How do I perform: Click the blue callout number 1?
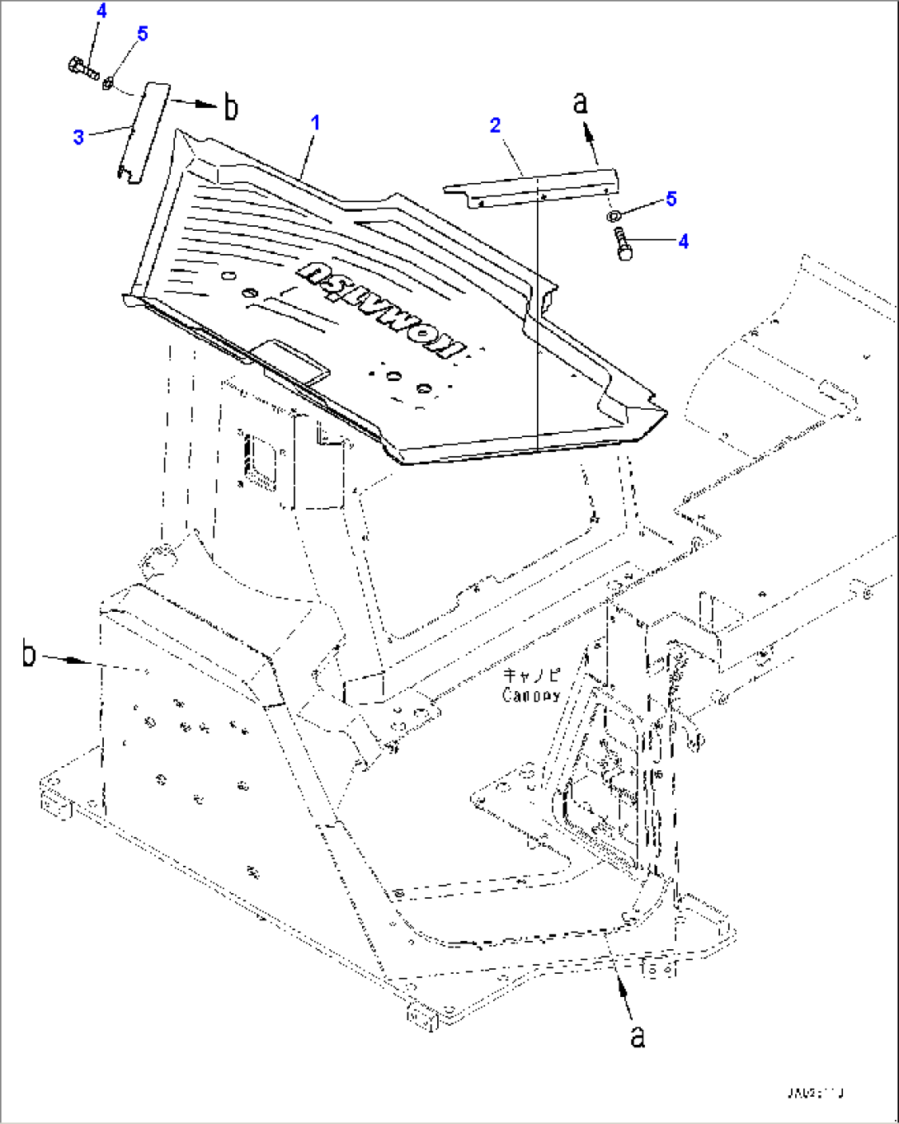tap(315, 123)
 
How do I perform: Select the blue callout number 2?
tap(495, 125)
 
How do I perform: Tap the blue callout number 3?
tap(78, 137)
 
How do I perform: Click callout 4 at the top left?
tap(101, 12)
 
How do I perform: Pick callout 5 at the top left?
tap(143, 34)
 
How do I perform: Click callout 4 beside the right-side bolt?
tap(683, 242)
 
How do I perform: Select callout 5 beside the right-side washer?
tap(671, 199)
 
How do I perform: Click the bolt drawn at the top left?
tap(81, 67)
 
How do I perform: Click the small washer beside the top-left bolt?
tap(108, 82)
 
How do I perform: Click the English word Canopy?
tap(531, 696)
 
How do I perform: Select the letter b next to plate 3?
tap(232, 107)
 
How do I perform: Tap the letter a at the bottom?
tap(638, 1037)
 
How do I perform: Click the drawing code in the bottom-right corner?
tap(817, 1093)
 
